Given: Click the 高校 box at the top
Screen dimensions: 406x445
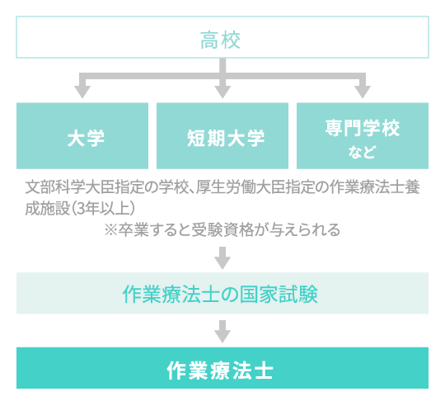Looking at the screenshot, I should point(222,40).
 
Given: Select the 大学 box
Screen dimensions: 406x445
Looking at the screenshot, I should point(82,136).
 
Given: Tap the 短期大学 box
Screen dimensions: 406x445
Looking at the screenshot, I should point(222,136).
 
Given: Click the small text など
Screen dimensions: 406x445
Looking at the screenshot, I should point(363,153).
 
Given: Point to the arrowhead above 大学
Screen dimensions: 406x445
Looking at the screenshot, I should point(82,90).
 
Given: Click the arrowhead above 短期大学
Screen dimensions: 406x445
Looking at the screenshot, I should point(222,90).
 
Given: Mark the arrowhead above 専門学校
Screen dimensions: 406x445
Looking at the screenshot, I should point(363,90).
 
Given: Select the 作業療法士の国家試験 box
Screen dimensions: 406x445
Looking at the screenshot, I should point(222,294).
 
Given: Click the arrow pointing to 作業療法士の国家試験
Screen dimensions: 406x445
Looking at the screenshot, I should point(222,260).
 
